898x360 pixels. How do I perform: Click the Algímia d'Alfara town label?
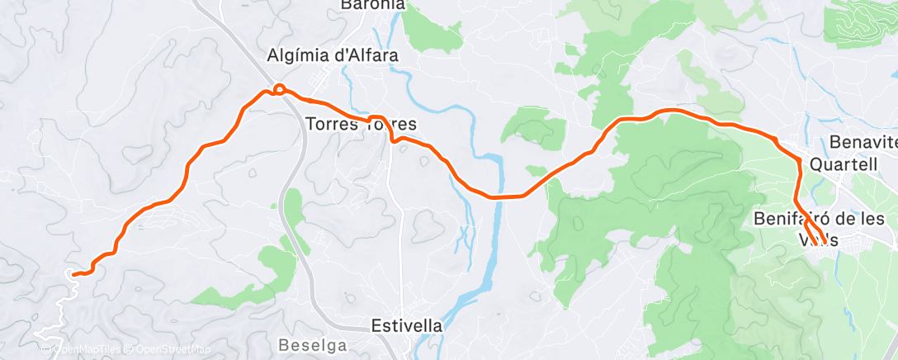pos(333,56)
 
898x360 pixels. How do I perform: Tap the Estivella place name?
pos(406,325)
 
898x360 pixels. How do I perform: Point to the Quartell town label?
pos(843,163)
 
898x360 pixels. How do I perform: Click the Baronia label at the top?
pos(373,5)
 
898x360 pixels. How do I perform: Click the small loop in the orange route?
pos(280,88)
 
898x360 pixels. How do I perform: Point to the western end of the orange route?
pos(73,273)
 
